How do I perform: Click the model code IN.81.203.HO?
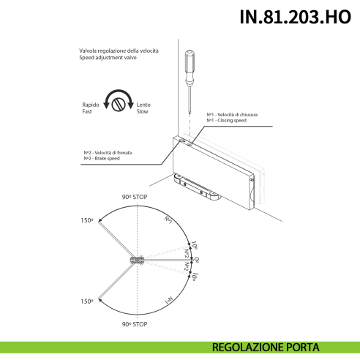click(x=295, y=18)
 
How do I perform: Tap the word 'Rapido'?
click(x=91, y=105)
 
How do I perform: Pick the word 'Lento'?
click(x=143, y=105)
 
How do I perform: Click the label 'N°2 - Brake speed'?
click(x=102, y=159)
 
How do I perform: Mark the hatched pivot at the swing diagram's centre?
click(x=136, y=260)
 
